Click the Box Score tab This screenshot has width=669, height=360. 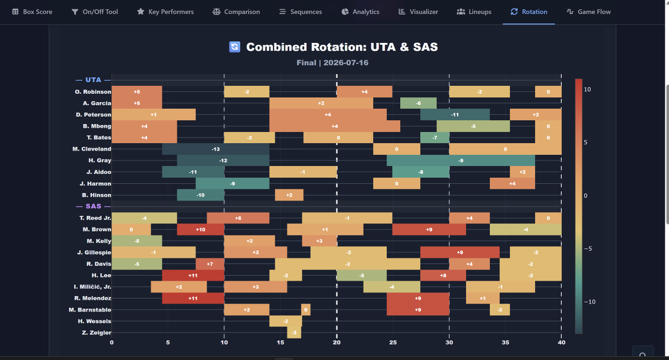[x=32, y=12]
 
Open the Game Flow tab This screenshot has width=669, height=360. [x=588, y=12]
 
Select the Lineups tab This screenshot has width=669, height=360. [x=474, y=12]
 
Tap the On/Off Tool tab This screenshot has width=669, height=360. [x=95, y=12]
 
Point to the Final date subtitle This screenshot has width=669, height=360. [x=332, y=62]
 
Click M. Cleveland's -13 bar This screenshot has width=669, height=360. [x=216, y=149]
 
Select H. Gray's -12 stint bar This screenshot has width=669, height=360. [x=223, y=160]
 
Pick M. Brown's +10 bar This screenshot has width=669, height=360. [x=200, y=230]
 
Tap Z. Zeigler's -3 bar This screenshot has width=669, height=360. [x=294, y=333]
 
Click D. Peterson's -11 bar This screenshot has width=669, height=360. [x=455, y=115]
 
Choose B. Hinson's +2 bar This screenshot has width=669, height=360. [x=289, y=195]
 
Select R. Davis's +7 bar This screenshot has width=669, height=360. [x=210, y=264]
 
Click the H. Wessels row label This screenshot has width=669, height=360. [x=94, y=321]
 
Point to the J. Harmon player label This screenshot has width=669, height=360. [x=95, y=183]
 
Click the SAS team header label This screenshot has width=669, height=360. [x=93, y=206]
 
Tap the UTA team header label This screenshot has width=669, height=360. [x=93, y=80]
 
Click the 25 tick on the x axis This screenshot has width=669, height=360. [x=393, y=342]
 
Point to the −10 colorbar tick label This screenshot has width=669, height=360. [x=590, y=302]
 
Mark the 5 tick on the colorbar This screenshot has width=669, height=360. [x=585, y=143]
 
